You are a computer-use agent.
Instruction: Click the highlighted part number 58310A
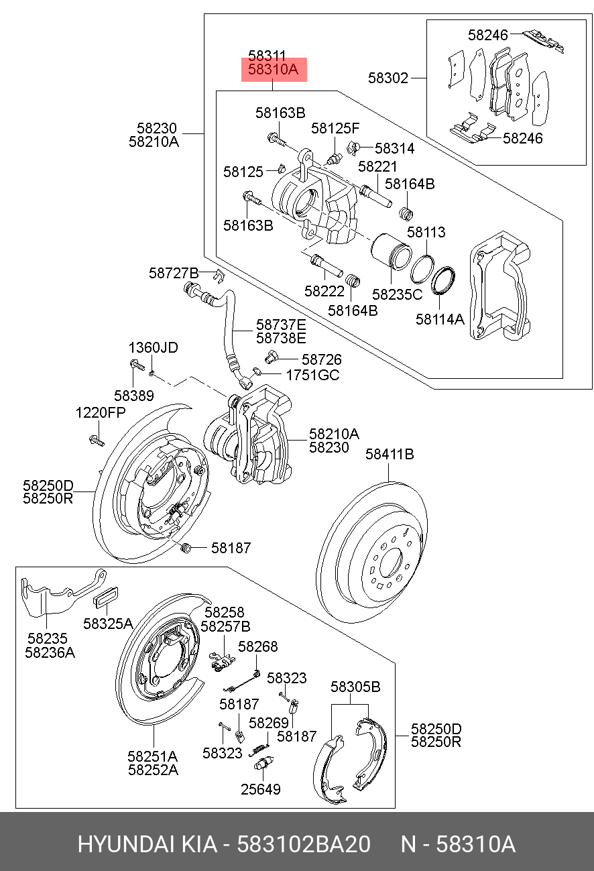(x=274, y=70)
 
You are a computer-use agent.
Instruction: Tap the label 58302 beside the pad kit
(x=388, y=78)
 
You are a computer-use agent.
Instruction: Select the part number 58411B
(x=390, y=455)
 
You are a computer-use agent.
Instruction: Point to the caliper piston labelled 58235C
(x=392, y=254)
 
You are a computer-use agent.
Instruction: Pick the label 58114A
(x=440, y=320)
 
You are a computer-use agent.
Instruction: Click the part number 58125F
(x=335, y=128)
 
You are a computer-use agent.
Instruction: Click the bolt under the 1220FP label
(x=95, y=441)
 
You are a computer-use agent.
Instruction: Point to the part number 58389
(x=133, y=396)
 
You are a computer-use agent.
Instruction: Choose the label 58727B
(x=174, y=273)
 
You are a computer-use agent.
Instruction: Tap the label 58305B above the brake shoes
(x=355, y=687)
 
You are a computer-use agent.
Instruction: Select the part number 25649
(x=261, y=789)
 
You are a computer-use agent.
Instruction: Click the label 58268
(x=258, y=646)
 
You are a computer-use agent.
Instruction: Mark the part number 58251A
(x=153, y=756)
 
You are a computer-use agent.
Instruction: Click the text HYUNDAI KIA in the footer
(x=147, y=844)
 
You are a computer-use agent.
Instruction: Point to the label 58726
(x=322, y=360)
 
